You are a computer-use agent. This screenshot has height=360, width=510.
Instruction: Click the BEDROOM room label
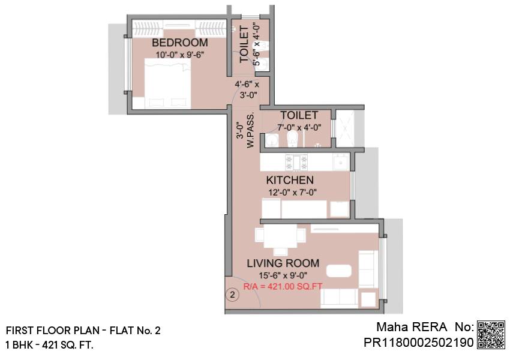click(x=180, y=43)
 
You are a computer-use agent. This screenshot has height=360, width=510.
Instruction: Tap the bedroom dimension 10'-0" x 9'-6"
click(x=180, y=55)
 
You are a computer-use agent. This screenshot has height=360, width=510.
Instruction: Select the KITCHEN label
click(x=290, y=180)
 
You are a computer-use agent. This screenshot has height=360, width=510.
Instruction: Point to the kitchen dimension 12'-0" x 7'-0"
click(x=292, y=193)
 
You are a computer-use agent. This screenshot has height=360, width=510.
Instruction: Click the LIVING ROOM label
click(x=283, y=263)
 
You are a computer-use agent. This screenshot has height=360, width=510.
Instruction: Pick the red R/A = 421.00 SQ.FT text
click(x=283, y=287)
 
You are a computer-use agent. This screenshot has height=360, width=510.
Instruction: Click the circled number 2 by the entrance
click(x=232, y=295)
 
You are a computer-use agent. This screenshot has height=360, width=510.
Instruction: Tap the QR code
click(x=491, y=335)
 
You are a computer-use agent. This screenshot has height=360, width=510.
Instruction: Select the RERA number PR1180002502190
click(x=419, y=343)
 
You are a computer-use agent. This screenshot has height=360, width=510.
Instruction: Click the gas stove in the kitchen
click(x=296, y=162)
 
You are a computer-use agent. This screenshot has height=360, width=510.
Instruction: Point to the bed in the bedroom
click(x=167, y=83)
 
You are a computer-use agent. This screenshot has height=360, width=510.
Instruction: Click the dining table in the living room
click(x=280, y=236)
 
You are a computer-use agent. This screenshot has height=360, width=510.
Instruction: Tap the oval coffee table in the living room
click(x=339, y=271)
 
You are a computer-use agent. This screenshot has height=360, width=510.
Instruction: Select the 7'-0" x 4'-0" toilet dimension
click(x=299, y=127)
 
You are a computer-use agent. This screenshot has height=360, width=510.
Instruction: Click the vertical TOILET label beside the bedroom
click(x=244, y=44)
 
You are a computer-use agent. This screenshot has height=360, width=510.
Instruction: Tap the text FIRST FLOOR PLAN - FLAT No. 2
click(x=83, y=331)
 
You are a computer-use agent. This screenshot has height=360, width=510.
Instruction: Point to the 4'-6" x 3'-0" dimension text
click(x=247, y=90)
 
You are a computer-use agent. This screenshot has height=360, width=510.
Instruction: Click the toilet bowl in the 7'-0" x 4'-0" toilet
click(x=293, y=139)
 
